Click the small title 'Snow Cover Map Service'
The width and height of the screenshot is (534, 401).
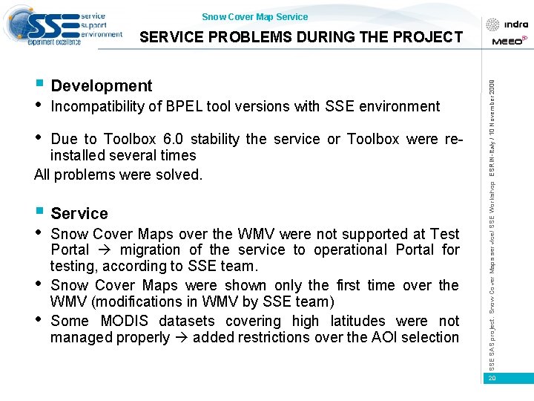[x=254, y=17]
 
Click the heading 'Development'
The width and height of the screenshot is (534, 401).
[x=102, y=86]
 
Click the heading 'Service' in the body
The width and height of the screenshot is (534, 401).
[x=79, y=214]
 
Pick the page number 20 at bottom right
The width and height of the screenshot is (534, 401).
[x=491, y=379]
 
